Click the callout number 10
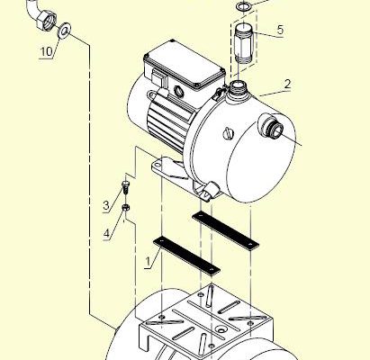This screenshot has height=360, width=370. (x=46, y=51)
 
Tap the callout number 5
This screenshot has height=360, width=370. (x=280, y=30)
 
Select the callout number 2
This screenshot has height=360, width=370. (x=287, y=84)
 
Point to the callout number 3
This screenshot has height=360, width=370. (x=106, y=206)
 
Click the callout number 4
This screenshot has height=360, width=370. (x=106, y=233)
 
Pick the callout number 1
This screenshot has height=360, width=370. (x=148, y=262)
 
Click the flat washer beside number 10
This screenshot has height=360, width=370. (x=64, y=31)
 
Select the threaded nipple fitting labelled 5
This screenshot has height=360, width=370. (x=243, y=42)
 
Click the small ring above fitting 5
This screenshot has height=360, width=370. (x=242, y=7)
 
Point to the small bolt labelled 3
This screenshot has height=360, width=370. (x=125, y=187)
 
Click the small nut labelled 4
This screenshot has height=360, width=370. (x=126, y=207)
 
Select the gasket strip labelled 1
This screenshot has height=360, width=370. (x=186, y=256)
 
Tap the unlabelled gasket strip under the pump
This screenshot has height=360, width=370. (x=225, y=230)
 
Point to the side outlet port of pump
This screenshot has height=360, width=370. (x=271, y=126)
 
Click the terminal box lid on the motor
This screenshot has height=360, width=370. (x=185, y=63)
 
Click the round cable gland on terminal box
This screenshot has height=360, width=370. (x=178, y=91)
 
